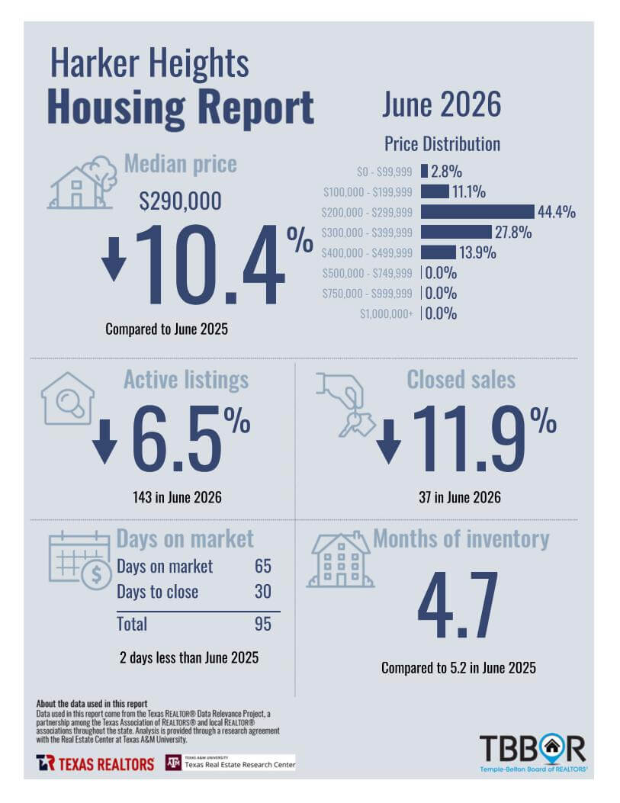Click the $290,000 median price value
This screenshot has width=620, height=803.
180,201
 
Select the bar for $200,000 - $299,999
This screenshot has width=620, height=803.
477,211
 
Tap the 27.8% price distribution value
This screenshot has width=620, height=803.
513,232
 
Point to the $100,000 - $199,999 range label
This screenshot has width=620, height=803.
368,192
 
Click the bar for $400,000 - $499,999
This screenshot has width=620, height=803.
438,252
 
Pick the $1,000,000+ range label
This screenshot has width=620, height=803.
386,313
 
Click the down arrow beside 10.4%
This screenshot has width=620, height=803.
114,259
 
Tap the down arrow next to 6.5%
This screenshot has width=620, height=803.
105,442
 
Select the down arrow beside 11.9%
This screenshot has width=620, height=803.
389,442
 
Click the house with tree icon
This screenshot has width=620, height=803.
83,183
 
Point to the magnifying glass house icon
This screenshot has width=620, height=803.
68,398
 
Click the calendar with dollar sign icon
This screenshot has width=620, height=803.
80,560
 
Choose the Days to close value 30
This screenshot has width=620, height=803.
262,592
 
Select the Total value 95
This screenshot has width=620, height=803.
262,624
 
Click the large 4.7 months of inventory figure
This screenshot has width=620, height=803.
458,605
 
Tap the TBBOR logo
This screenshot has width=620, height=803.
533,753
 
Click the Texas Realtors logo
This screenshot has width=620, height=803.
95,763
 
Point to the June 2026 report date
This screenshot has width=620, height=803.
442,104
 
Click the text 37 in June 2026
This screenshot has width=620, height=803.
460,497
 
